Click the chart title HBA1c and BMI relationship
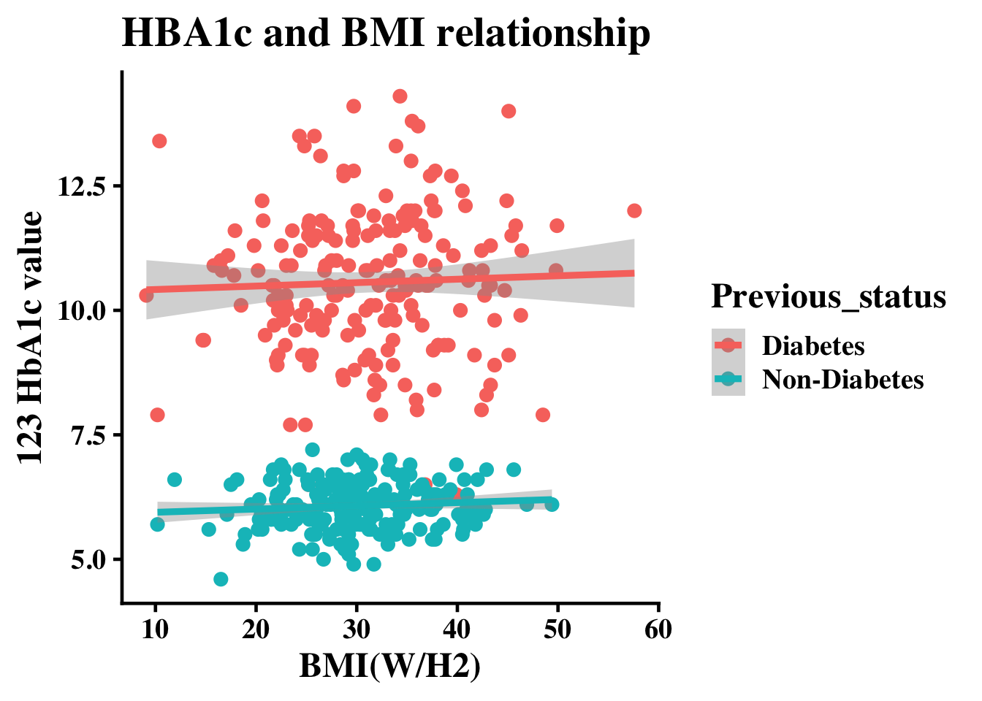pyautogui.click(x=386, y=34)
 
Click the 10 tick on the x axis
pyautogui.click(x=155, y=629)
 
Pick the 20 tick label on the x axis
pyautogui.click(x=256, y=629)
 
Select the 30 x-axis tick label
pyautogui.click(x=357, y=629)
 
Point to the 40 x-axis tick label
pyautogui.click(x=457, y=629)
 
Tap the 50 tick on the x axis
pyautogui.click(x=558, y=629)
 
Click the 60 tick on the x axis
pyautogui.click(x=659, y=629)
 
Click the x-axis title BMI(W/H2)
pyautogui.click(x=389, y=666)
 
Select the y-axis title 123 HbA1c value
pyautogui.click(x=30, y=337)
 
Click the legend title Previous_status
pyautogui.click(x=829, y=296)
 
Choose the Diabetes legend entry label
pyautogui.click(x=813, y=345)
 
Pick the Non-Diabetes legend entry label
pyautogui.click(x=843, y=380)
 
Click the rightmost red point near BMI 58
pyautogui.click(x=634, y=211)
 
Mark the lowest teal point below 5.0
pyautogui.click(x=221, y=579)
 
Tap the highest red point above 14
pyautogui.click(x=400, y=96)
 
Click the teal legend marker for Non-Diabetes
pyautogui.click(x=728, y=380)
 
